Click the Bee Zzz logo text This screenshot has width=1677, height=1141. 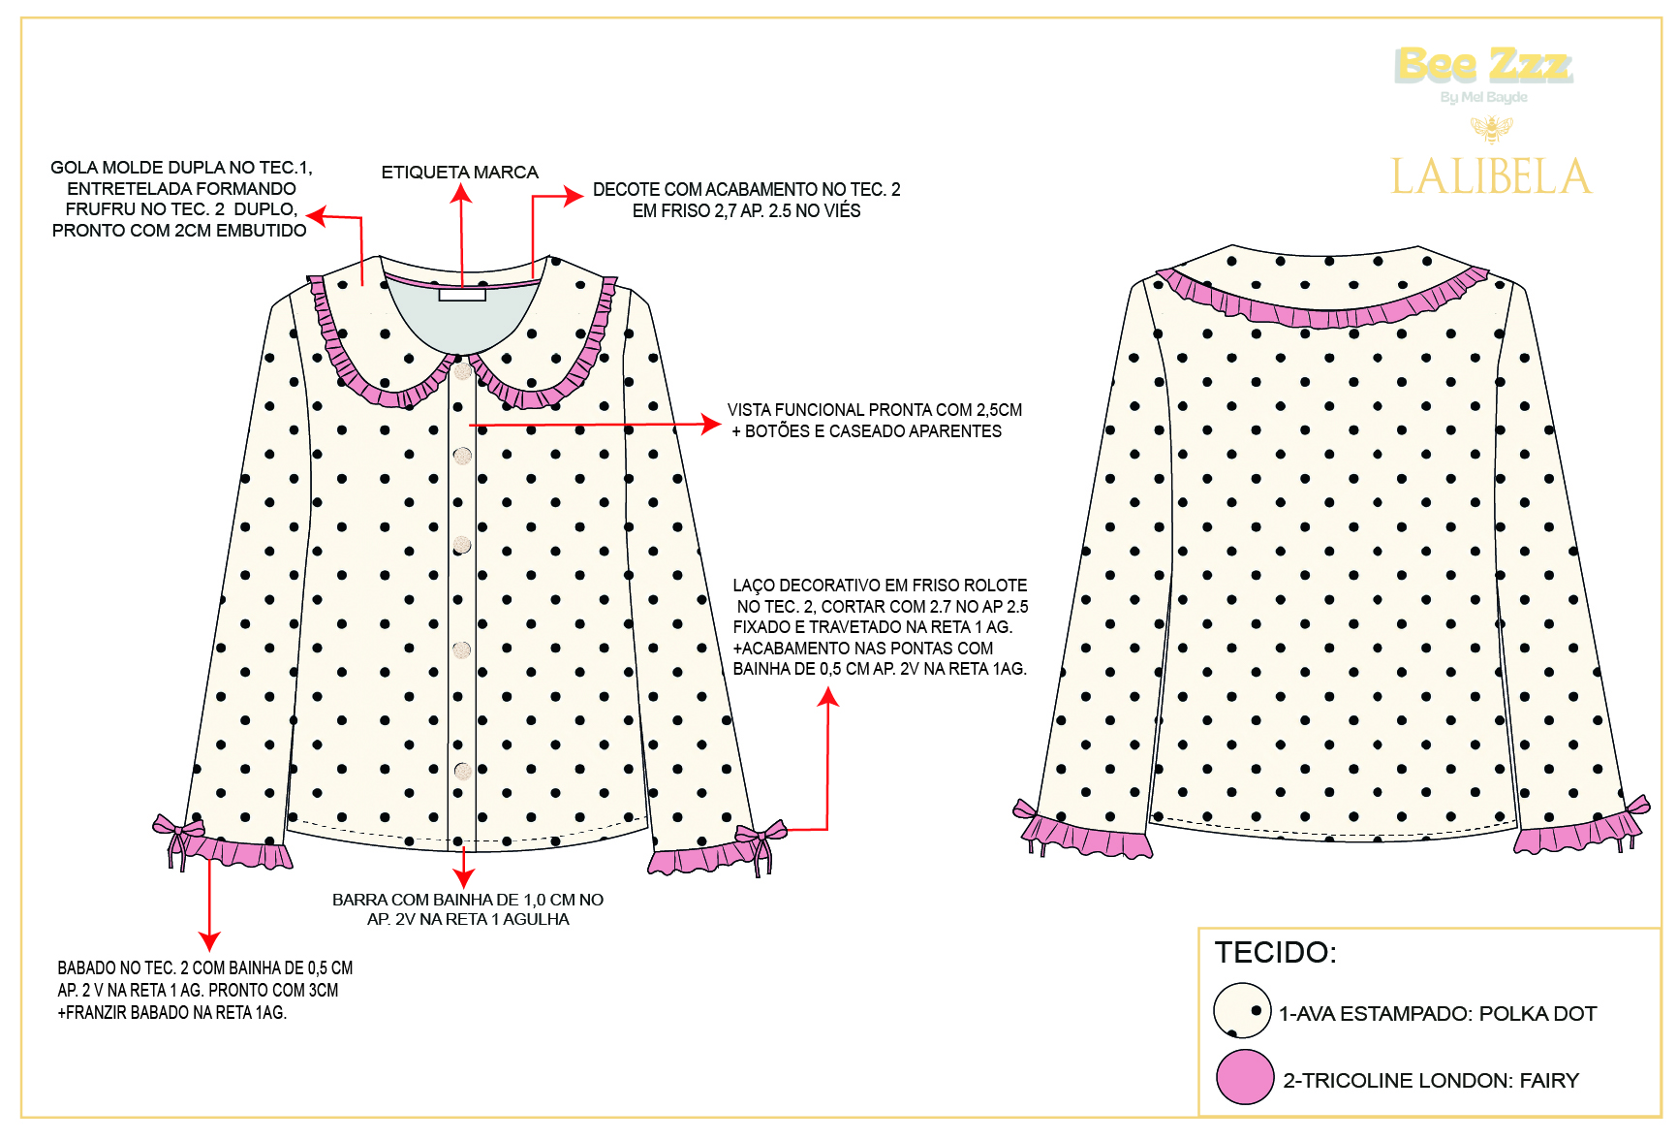pyautogui.click(x=1483, y=65)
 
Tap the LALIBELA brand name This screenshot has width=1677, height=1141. pyautogui.click(x=1491, y=176)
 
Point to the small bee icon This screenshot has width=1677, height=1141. pyautogui.click(x=1491, y=128)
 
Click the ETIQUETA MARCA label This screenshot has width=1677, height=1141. pyautogui.click(x=459, y=173)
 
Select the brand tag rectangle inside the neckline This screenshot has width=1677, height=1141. pyautogui.click(x=462, y=294)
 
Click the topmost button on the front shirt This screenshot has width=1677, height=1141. pyautogui.click(x=462, y=370)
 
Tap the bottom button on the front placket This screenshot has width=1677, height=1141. pyautogui.click(x=462, y=771)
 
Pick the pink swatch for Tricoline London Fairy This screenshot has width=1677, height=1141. pyautogui.click(x=1245, y=1077)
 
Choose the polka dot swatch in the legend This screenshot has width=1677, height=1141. pyautogui.click(x=1242, y=1011)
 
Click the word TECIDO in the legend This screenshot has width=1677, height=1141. pyautogui.click(x=1275, y=952)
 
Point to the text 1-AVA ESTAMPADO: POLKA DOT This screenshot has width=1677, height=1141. pyautogui.click(x=1437, y=1014)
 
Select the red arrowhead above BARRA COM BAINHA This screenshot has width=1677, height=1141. pyautogui.click(x=464, y=878)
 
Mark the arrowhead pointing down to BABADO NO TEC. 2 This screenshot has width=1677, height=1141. pyautogui.click(x=209, y=941)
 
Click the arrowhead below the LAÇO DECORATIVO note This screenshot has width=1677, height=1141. pyautogui.click(x=827, y=697)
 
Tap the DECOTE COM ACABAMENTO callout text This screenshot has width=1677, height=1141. pyautogui.click(x=746, y=200)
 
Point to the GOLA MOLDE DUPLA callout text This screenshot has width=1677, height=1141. pyautogui.click(x=181, y=199)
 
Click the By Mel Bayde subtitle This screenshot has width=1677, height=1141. pyautogui.click(x=1483, y=97)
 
